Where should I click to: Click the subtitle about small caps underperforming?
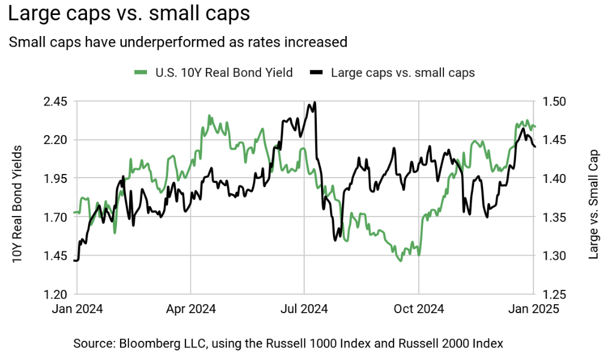pos(178,42)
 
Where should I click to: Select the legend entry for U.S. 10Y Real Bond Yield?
pos(214,73)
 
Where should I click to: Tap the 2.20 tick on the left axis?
pos(55,140)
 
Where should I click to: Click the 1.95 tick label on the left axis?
pos(55,178)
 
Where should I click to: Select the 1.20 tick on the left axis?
pos(55,294)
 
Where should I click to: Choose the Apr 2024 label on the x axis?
pos(191,309)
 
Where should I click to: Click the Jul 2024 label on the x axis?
pos(304,309)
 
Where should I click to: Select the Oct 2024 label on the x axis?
pos(419,309)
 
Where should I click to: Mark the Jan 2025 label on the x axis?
pos(533,309)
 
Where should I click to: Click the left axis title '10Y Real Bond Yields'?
pos(18,204)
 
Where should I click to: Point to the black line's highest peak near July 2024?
pos(315,103)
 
